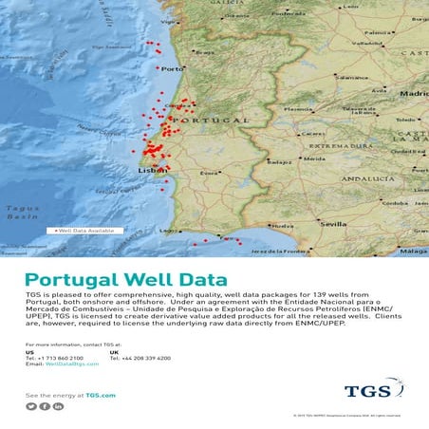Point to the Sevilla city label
coord(334,224)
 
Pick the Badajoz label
coord(279,162)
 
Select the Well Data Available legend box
coord(84,231)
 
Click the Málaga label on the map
coord(413,251)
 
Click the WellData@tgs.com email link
coord(75,364)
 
